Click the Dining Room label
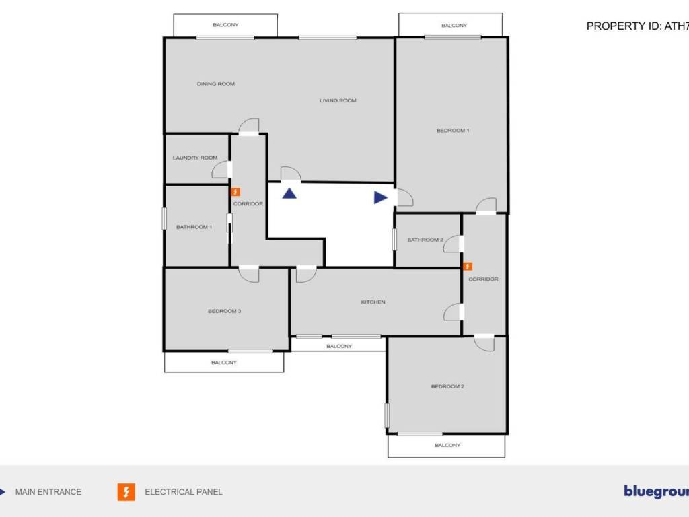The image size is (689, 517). [x=215, y=84]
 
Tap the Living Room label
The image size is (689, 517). [x=337, y=100]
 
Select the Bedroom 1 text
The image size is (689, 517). [x=453, y=130]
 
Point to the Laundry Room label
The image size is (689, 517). [x=195, y=158]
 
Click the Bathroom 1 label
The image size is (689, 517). [x=194, y=227]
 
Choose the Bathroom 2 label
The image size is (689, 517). [x=425, y=240]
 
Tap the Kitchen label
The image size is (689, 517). [x=373, y=302]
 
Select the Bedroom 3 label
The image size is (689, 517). [x=224, y=311]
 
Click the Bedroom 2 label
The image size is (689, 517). [x=447, y=386]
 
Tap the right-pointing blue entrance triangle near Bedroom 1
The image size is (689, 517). [x=380, y=197]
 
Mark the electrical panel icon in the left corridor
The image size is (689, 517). [x=235, y=192]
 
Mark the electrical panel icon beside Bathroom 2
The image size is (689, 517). [x=468, y=267]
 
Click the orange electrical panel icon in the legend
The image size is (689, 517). [x=126, y=492]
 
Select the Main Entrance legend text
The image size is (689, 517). [x=48, y=492]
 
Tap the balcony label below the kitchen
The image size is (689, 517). [x=338, y=346]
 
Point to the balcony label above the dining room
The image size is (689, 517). [x=225, y=25]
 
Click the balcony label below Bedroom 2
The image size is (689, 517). [x=447, y=445]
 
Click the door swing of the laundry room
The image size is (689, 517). [x=221, y=170]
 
